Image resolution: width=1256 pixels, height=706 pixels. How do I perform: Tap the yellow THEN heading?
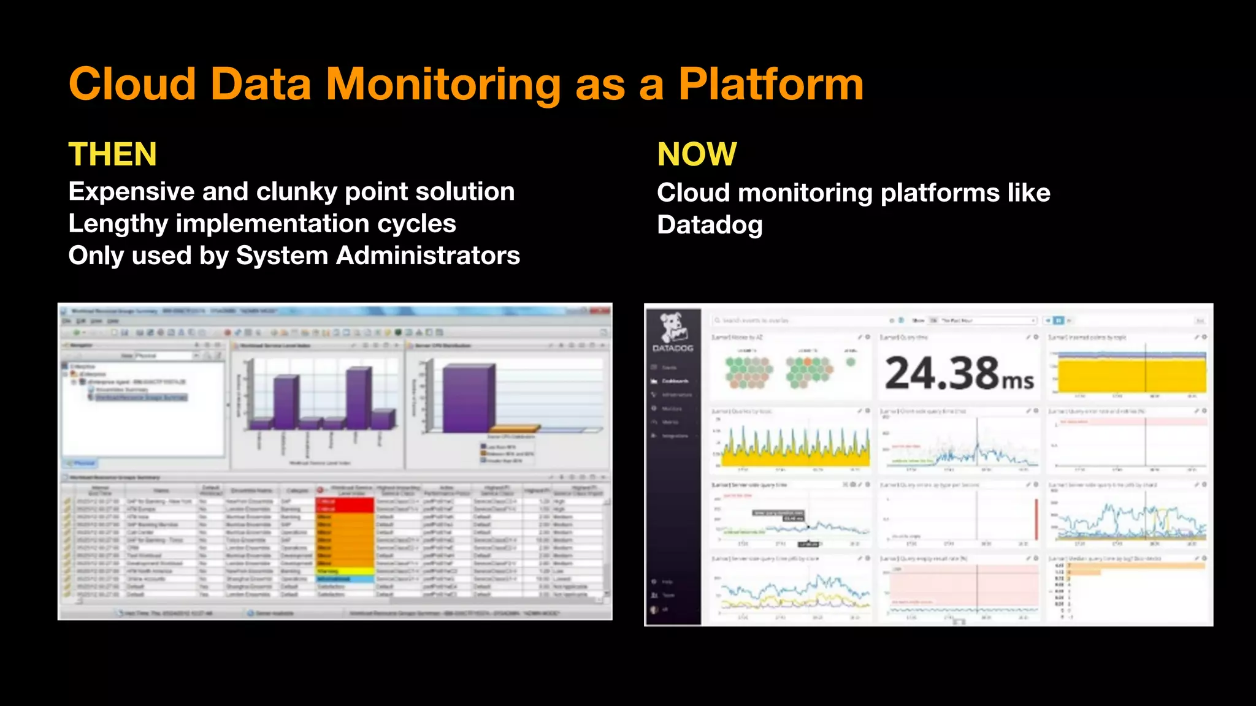112,154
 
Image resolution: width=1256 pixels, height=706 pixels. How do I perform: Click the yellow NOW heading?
697,154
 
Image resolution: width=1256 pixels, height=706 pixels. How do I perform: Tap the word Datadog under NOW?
710,225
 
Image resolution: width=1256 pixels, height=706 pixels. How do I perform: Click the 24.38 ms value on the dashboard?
959,373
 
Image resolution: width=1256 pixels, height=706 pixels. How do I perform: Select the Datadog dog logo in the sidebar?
673,327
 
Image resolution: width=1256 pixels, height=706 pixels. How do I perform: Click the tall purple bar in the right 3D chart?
469,398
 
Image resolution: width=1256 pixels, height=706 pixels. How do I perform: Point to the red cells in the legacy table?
345,505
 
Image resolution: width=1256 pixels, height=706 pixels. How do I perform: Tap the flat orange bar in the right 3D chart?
514,428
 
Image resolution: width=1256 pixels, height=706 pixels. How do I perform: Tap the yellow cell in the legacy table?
345,571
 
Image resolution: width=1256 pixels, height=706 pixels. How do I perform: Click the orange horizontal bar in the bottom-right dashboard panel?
1135,566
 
